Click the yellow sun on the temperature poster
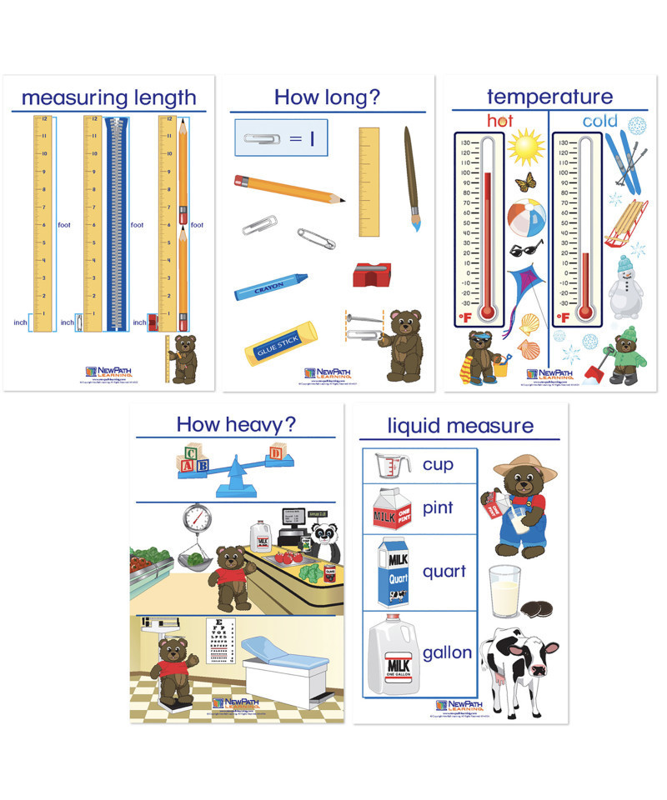(526, 147)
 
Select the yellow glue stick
(280, 343)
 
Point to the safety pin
(317, 238)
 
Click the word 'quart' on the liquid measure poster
(444, 572)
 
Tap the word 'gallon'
(448, 652)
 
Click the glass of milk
(505, 591)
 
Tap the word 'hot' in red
(500, 121)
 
